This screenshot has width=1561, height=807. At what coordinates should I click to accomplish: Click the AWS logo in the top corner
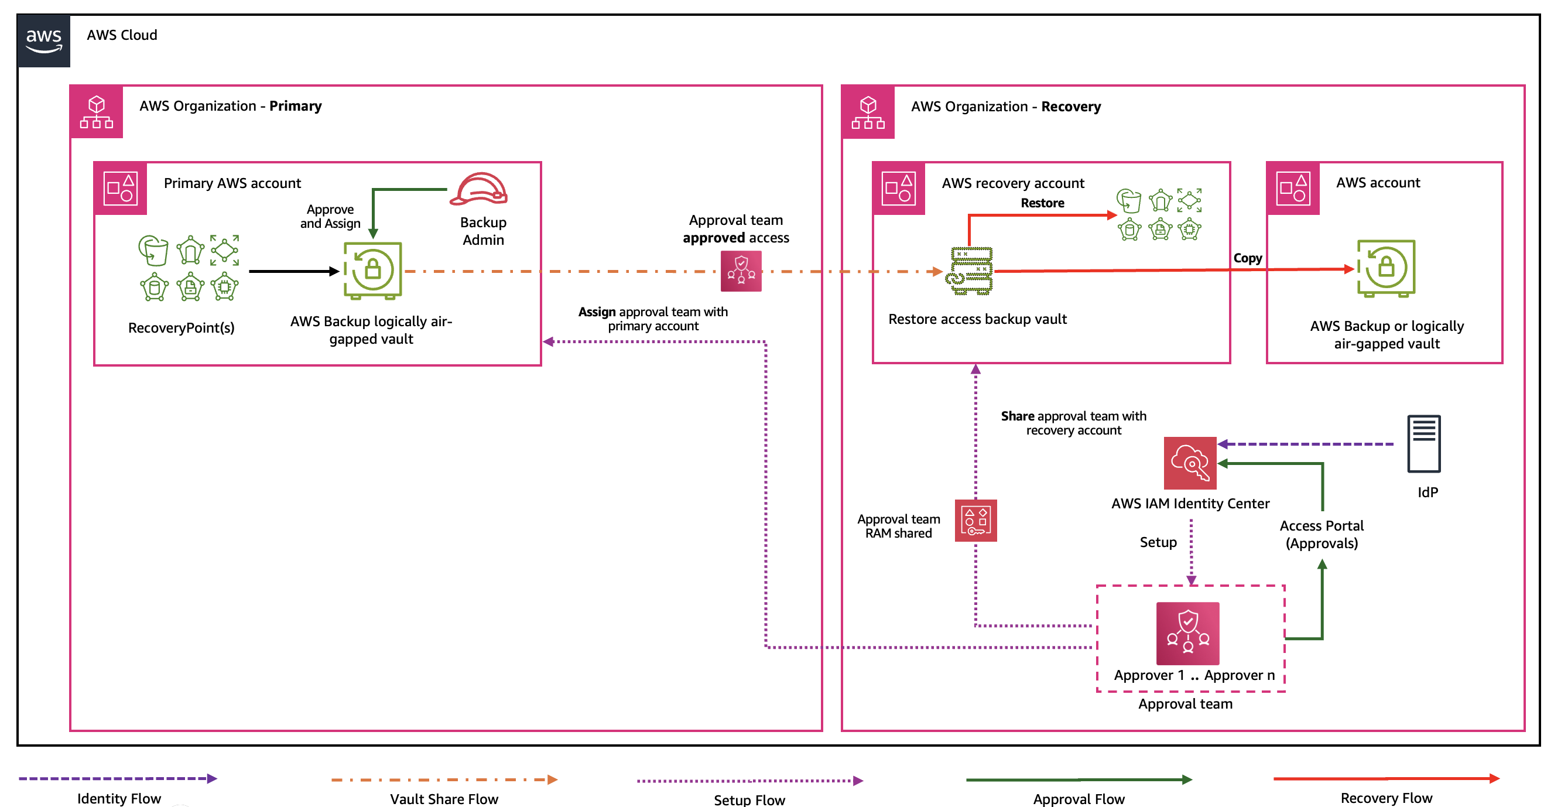(x=44, y=40)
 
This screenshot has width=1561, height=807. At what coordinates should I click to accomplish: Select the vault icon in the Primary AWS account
(x=372, y=270)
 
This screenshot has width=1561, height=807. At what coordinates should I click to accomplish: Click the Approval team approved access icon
(x=741, y=271)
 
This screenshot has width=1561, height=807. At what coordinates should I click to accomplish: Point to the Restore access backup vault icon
(x=971, y=271)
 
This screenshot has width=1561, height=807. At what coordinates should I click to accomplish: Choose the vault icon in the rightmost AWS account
(x=1385, y=268)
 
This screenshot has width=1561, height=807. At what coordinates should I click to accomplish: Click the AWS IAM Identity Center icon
(x=1190, y=463)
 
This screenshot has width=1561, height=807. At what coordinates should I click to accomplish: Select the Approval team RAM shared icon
(x=975, y=520)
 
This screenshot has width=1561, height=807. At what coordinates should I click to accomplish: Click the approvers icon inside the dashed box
(x=1187, y=633)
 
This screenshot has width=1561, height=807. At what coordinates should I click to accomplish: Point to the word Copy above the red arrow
(x=1247, y=258)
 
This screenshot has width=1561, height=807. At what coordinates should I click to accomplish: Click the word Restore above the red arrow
(x=1042, y=203)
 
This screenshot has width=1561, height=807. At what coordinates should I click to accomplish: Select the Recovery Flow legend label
(x=1385, y=797)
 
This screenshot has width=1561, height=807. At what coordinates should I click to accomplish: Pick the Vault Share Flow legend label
(x=444, y=799)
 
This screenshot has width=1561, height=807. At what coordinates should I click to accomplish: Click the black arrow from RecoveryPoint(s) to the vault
(x=293, y=271)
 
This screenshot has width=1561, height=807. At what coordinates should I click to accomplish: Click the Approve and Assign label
(x=330, y=217)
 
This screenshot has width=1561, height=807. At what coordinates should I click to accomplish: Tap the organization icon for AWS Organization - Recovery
(x=867, y=112)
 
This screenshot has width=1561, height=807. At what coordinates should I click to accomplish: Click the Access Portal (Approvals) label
(x=1321, y=534)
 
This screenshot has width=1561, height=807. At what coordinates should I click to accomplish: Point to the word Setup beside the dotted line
(x=1158, y=542)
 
